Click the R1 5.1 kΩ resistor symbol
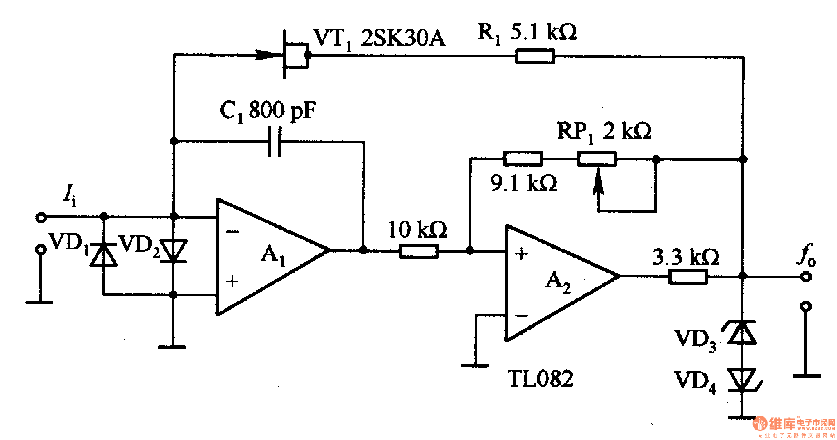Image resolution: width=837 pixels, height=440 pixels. click(535, 57)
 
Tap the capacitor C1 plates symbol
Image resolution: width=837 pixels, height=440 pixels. click(275, 141)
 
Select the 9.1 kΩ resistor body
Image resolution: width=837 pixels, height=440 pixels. click(523, 158)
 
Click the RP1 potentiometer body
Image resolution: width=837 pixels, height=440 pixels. click(597, 159)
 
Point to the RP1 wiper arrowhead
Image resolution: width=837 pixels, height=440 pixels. click(598, 179)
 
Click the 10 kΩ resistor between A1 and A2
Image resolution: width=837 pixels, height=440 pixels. click(419, 251)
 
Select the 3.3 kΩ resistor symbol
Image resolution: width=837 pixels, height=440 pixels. click(688, 276)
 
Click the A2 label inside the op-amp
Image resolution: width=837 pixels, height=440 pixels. click(558, 282)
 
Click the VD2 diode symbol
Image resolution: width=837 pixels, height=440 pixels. click(174, 251)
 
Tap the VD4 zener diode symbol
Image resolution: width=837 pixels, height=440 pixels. click(742, 379)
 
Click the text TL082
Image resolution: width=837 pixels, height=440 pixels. click(540, 379)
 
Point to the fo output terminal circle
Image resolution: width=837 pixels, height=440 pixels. click(805, 276)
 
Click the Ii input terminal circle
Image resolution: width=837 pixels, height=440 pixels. click(41, 218)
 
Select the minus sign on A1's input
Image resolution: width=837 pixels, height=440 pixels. click(233, 232)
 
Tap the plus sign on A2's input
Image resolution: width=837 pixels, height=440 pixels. click(522, 254)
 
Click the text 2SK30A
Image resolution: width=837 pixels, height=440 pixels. click(402, 38)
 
